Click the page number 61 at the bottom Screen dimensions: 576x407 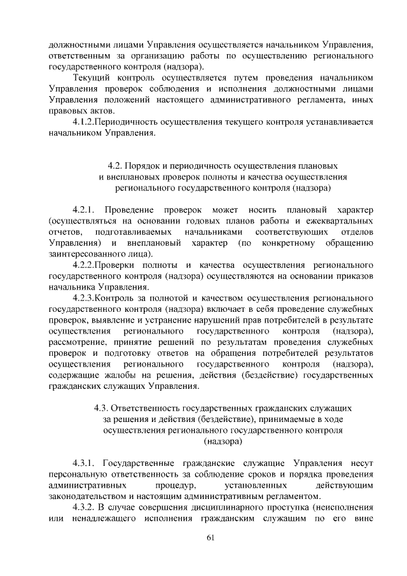210,540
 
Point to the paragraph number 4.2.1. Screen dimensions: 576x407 83,209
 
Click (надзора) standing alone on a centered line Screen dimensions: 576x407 223,440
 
